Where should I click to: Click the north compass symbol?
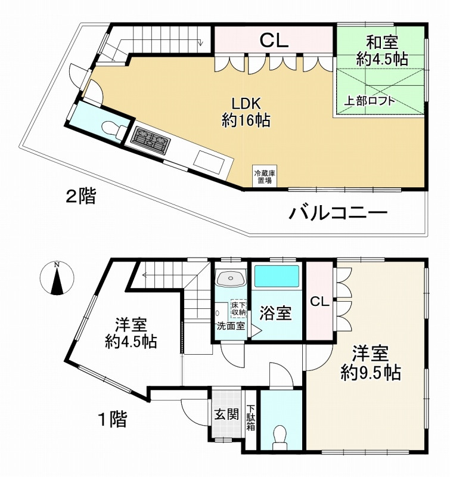click(57, 278)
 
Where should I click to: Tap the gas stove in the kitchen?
click(151, 141)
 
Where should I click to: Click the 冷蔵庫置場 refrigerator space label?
click(265, 177)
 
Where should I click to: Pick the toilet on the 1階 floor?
click(280, 437)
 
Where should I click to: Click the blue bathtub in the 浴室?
click(277, 276)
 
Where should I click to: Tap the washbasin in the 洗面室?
click(231, 278)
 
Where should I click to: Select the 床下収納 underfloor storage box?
click(238, 308)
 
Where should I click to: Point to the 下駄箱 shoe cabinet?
click(251, 417)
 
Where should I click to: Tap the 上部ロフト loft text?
click(369, 101)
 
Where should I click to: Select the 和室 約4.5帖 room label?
click(382, 51)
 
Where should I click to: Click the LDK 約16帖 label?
click(246, 112)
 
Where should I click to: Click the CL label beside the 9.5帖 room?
click(319, 302)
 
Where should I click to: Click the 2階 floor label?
click(81, 196)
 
